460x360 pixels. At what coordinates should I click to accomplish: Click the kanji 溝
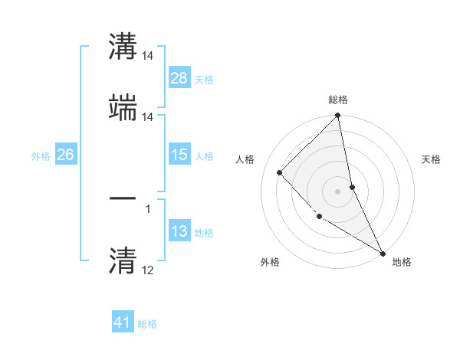click(123, 47)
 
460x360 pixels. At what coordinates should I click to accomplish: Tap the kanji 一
click(123, 198)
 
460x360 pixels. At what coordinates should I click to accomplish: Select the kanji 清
click(123, 260)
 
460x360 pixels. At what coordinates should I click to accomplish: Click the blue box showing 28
click(179, 77)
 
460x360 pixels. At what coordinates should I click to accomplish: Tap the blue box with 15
click(179, 155)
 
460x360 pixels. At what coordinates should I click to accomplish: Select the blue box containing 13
click(179, 231)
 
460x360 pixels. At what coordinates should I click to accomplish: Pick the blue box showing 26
click(65, 155)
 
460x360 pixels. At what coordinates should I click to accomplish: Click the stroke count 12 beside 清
click(148, 270)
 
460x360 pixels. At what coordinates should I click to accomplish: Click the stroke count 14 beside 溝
click(148, 57)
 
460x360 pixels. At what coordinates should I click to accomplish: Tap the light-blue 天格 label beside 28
click(204, 79)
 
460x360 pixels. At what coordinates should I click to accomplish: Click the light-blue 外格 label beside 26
click(41, 156)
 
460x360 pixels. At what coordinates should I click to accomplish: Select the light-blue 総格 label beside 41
click(147, 324)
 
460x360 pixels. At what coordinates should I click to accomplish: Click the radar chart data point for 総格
click(337, 116)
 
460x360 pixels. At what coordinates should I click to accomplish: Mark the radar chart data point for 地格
click(382, 253)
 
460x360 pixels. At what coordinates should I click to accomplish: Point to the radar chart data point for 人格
click(280, 172)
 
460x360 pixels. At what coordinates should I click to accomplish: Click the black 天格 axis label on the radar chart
click(432, 159)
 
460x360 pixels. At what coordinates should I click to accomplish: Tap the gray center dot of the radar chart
click(337, 191)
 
